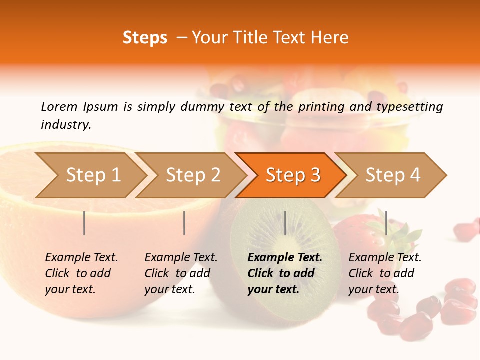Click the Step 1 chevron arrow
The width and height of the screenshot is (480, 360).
tap(90, 175)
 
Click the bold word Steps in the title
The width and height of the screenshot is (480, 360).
tap(145, 38)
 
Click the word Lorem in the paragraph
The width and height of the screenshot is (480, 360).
tap(59, 106)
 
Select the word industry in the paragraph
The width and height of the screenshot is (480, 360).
tap(66, 124)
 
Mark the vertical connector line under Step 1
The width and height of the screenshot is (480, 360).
tap(84, 223)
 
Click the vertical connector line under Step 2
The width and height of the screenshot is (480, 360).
tap(184, 223)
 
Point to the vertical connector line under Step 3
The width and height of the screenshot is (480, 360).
tap(285, 223)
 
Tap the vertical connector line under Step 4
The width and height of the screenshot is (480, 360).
tap(386, 223)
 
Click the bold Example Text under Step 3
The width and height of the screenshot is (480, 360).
tap(285, 258)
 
